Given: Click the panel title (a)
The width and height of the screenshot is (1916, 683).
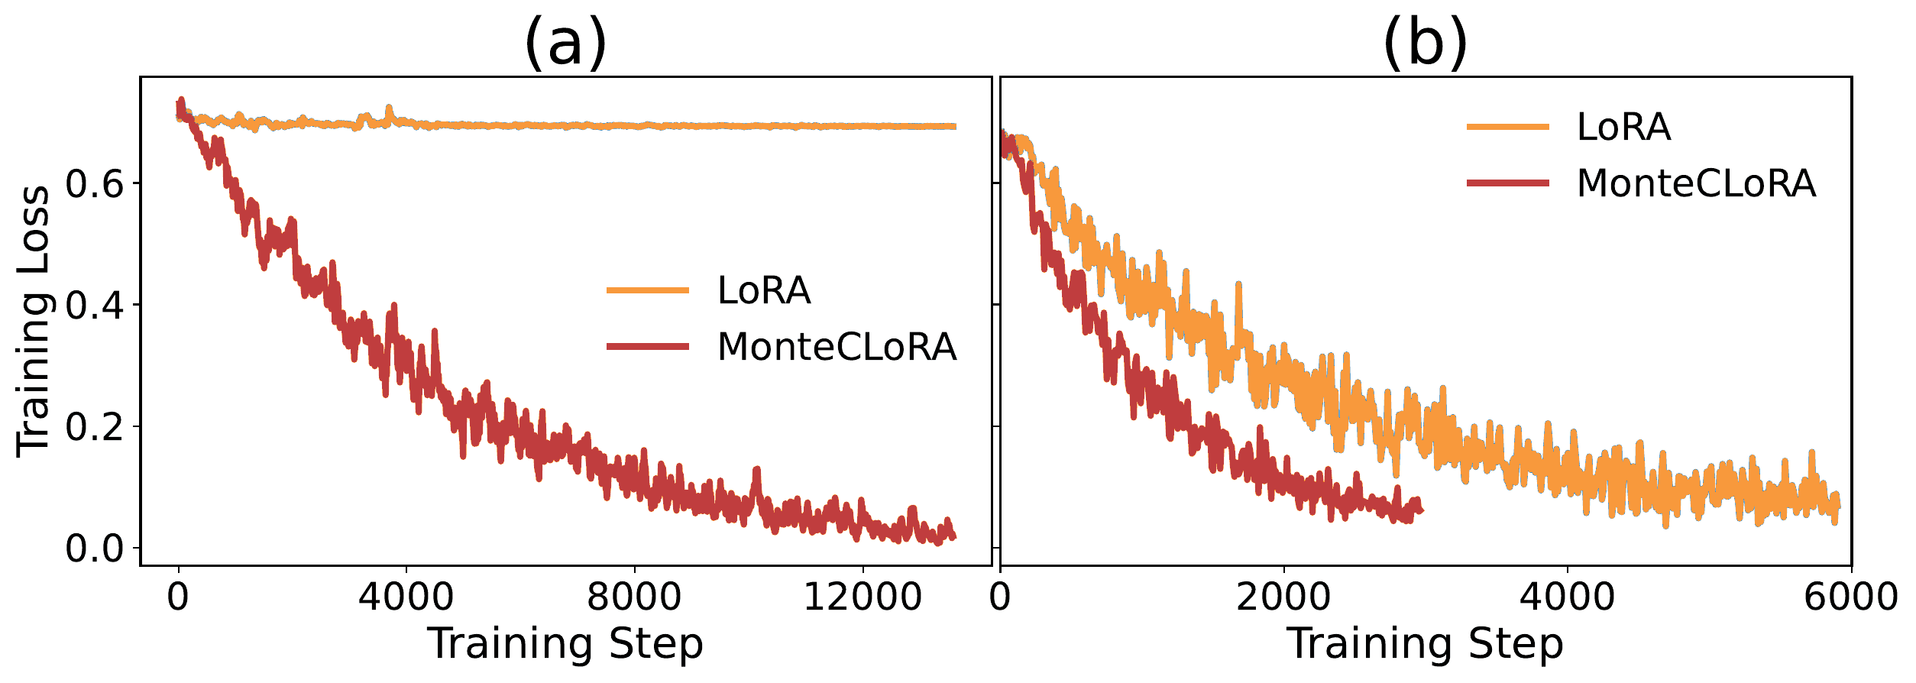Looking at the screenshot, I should (x=565, y=43).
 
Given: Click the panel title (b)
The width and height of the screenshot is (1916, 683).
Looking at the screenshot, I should (x=1426, y=43).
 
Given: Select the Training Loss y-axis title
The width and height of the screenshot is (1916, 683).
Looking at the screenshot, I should (x=34, y=321).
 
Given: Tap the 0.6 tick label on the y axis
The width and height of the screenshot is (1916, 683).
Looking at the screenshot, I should (x=95, y=184).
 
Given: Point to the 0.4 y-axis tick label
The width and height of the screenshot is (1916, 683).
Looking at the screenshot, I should (x=95, y=306).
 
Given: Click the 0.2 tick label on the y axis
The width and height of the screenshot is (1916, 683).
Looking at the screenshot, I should (x=95, y=427).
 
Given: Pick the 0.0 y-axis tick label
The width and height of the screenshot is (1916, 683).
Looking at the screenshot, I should (x=95, y=549).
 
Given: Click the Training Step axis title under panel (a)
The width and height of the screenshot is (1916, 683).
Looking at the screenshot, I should (x=565, y=643).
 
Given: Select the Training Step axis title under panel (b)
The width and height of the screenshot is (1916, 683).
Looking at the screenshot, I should (x=1426, y=643).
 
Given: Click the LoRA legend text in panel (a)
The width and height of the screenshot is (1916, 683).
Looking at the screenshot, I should (x=764, y=290).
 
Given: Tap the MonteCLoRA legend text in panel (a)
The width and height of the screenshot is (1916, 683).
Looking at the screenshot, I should (x=837, y=347).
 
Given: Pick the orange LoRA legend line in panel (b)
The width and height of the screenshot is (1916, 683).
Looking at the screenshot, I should (x=1508, y=127).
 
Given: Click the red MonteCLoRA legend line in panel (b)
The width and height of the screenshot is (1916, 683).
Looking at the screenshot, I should (x=1508, y=183).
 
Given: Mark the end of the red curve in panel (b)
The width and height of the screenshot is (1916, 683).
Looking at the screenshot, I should (x=1421, y=510).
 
